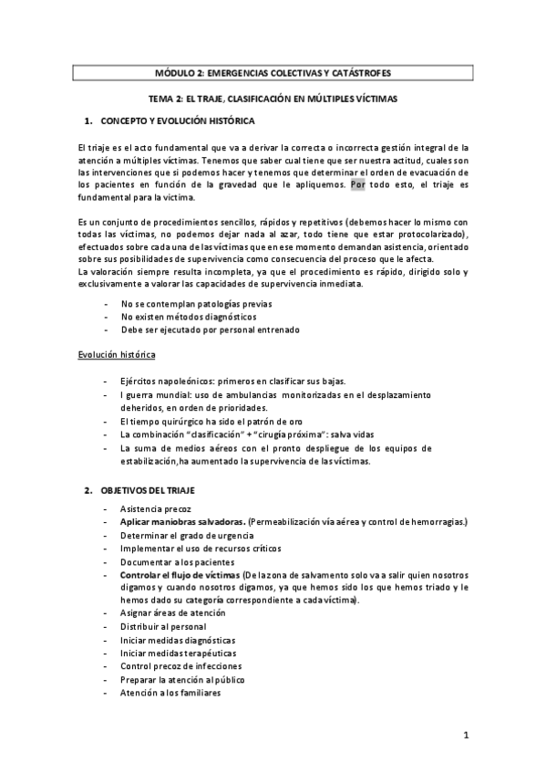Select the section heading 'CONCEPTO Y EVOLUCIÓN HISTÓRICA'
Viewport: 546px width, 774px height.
tap(178, 120)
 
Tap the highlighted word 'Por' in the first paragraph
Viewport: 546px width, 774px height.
tap(358, 184)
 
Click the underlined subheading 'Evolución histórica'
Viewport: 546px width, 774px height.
tap(118, 352)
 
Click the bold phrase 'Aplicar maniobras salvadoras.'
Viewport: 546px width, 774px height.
tap(182, 521)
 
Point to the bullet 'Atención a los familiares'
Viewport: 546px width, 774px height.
tap(170, 693)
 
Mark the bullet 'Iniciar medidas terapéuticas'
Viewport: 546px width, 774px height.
tap(176, 654)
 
